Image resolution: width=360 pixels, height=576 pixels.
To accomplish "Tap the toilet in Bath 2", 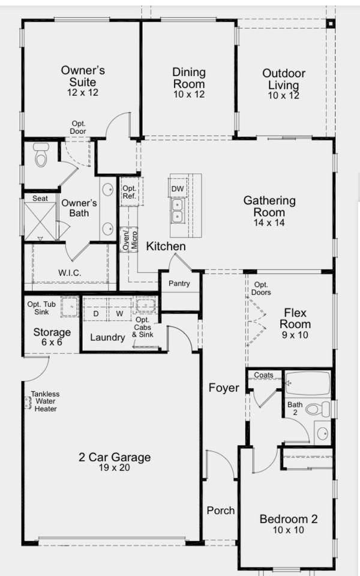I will tap(314, 410).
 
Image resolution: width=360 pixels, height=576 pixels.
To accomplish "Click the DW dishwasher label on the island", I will tap(178, 189).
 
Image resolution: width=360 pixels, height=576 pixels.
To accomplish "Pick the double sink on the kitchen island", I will tap(178, 211).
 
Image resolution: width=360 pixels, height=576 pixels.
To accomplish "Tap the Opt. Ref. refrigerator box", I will tap(130, 192).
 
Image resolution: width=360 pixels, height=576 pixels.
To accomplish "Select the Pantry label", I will tap(179, 283).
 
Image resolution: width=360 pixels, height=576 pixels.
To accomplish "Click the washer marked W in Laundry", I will tap(119, 313).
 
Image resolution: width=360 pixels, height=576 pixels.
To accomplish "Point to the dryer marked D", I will tap(95, 313).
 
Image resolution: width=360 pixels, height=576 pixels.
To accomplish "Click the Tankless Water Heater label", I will tap(46, 401).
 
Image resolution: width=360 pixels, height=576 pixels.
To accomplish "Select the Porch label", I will tap(221, 510).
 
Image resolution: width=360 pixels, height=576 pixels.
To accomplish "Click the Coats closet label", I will tap(263, 375).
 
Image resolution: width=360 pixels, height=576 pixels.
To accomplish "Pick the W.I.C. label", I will tap(70, 272).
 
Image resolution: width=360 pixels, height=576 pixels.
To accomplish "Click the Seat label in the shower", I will tap(40, 198).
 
